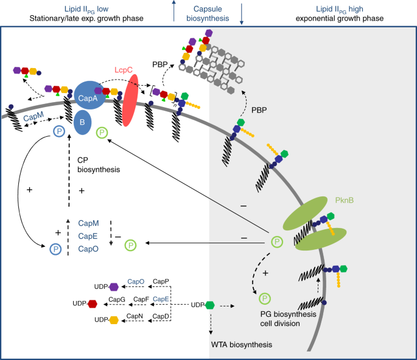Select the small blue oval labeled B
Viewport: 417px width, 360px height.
84,122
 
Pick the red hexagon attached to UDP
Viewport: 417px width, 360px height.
92,303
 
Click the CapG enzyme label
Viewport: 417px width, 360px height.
117,299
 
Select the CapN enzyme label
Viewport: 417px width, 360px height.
135,316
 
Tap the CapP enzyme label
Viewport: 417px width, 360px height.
161,282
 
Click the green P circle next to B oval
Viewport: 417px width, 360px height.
102,132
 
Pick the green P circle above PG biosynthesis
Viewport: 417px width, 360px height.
265,298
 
